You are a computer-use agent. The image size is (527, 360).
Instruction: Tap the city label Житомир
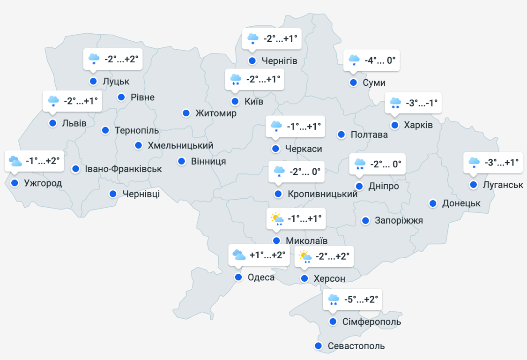click(216, 113)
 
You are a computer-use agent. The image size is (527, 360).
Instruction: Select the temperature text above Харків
click(422, 103)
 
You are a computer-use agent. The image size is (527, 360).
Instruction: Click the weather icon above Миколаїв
click(277, 219)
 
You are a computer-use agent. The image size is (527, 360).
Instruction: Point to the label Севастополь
click(356, 346)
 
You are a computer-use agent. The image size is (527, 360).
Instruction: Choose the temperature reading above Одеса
click(267, 255)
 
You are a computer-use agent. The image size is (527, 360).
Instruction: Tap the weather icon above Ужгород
click(15, 161)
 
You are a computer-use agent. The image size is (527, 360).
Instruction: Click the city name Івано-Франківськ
click(123, 169)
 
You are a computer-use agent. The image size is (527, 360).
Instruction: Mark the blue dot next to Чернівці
click(113, 194)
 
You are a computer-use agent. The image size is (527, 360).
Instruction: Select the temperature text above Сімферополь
click(361, 299)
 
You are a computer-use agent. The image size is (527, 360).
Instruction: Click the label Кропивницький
click(323, 194)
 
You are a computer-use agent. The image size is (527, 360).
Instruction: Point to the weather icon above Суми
click(354, 60)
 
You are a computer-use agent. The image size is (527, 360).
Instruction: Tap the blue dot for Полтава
click(341, 135)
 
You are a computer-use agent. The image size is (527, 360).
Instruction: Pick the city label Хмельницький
click(180, 145)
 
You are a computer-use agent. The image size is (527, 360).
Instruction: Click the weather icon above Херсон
click(305, 257)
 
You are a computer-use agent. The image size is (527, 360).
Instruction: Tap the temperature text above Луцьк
click(121, 59)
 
